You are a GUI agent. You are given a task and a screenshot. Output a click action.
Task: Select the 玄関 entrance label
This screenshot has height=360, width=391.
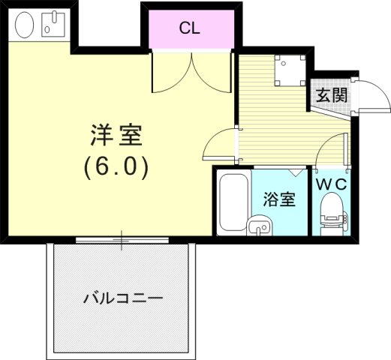pyautogui.click(x=331, y=95)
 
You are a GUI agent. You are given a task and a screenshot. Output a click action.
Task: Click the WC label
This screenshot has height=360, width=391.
pyautogui.click(x=330, y=183)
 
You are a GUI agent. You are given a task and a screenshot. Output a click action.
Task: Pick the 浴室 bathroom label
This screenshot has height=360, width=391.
pyautogui.click(x=278, y=199)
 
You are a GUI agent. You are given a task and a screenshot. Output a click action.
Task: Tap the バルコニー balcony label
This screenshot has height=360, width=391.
pyautogui.click(x=122, y=298)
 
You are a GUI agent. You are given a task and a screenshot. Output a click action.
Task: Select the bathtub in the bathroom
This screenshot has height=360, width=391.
pyautogui.click(x=233, y=202)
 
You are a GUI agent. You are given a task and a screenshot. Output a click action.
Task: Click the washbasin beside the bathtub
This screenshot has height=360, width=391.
pyautogui.click(x=260, y=223)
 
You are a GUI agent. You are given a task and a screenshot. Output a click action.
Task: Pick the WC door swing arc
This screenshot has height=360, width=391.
pyautogui.click(x=332, y=154)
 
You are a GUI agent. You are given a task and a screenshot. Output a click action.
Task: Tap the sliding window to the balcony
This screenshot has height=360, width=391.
pyautogui.click(x=122, y=241)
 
